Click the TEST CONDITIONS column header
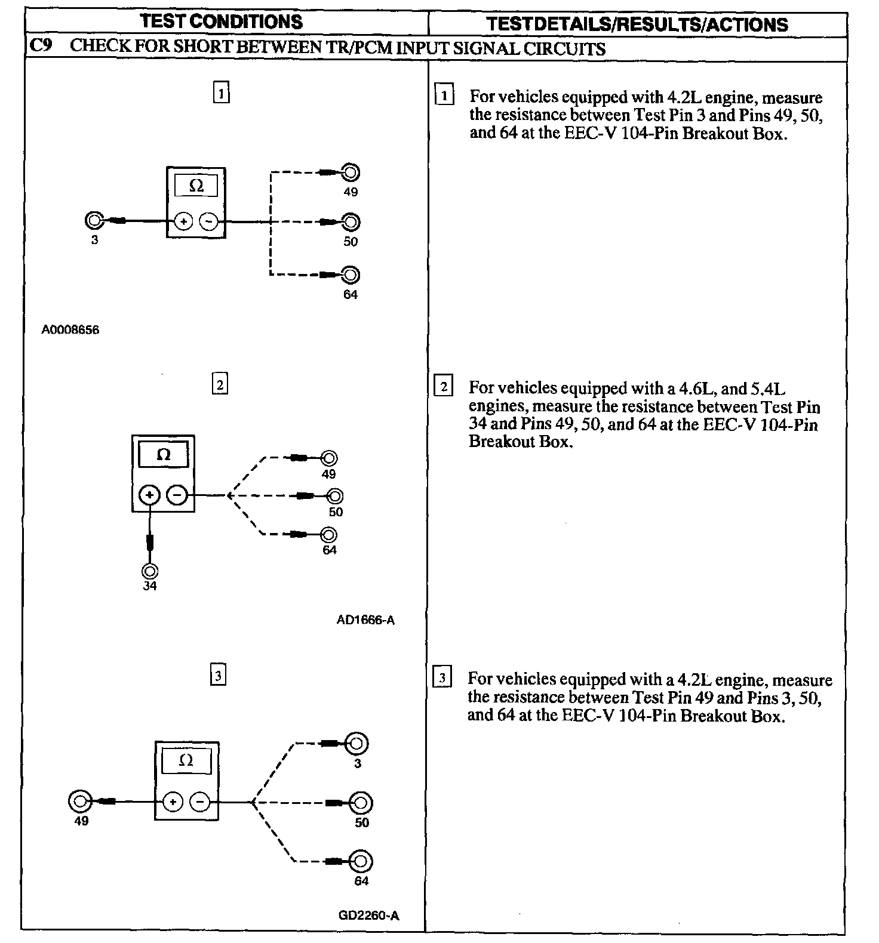[221, 22]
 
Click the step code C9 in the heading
[39, 47]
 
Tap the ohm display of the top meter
[196, 186]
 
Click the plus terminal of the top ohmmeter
[183, 222]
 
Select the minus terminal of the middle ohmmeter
[177, 495]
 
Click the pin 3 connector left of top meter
[94, 221]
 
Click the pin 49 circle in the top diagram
[351, 173]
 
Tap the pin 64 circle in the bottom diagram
[361, 861]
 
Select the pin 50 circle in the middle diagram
[336, 496]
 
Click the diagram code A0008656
[70, 330]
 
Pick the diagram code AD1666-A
[365, 620]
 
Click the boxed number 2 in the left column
[220, 385]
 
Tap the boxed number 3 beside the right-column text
[442, 678]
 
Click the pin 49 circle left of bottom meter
[81, 802]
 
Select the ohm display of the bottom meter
[186, 761]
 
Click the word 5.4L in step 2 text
[769, 389]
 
